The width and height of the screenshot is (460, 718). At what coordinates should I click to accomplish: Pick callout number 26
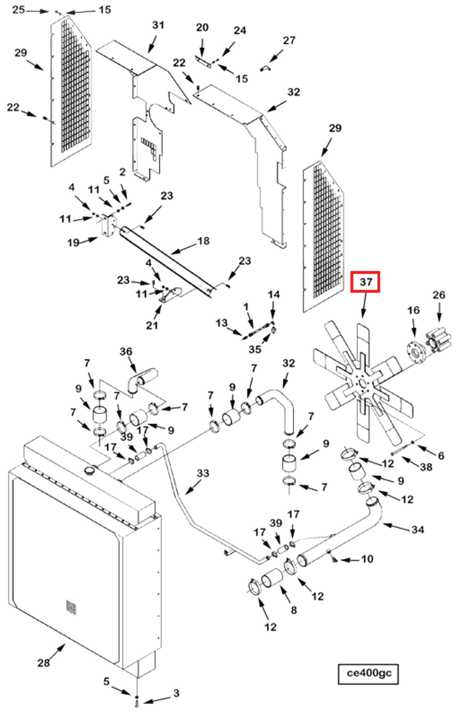(439, 295)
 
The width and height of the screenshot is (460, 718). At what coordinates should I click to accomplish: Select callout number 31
(158, 25)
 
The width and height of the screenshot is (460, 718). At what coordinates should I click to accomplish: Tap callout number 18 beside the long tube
(203, 241)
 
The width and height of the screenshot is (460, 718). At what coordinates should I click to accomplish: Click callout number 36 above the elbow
(126, 351)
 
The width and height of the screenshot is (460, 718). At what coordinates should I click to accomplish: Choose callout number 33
(203, 473)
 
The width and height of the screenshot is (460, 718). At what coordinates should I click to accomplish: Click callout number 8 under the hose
(294, 610)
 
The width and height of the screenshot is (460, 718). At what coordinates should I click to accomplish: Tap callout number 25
(18, 10)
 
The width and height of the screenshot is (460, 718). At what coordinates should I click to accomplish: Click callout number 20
(202, 27)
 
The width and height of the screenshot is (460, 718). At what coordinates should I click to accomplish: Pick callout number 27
(289, 40)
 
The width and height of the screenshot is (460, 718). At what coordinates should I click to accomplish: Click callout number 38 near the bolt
(426, 467)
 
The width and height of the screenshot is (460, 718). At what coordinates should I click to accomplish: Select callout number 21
(152, 325)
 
